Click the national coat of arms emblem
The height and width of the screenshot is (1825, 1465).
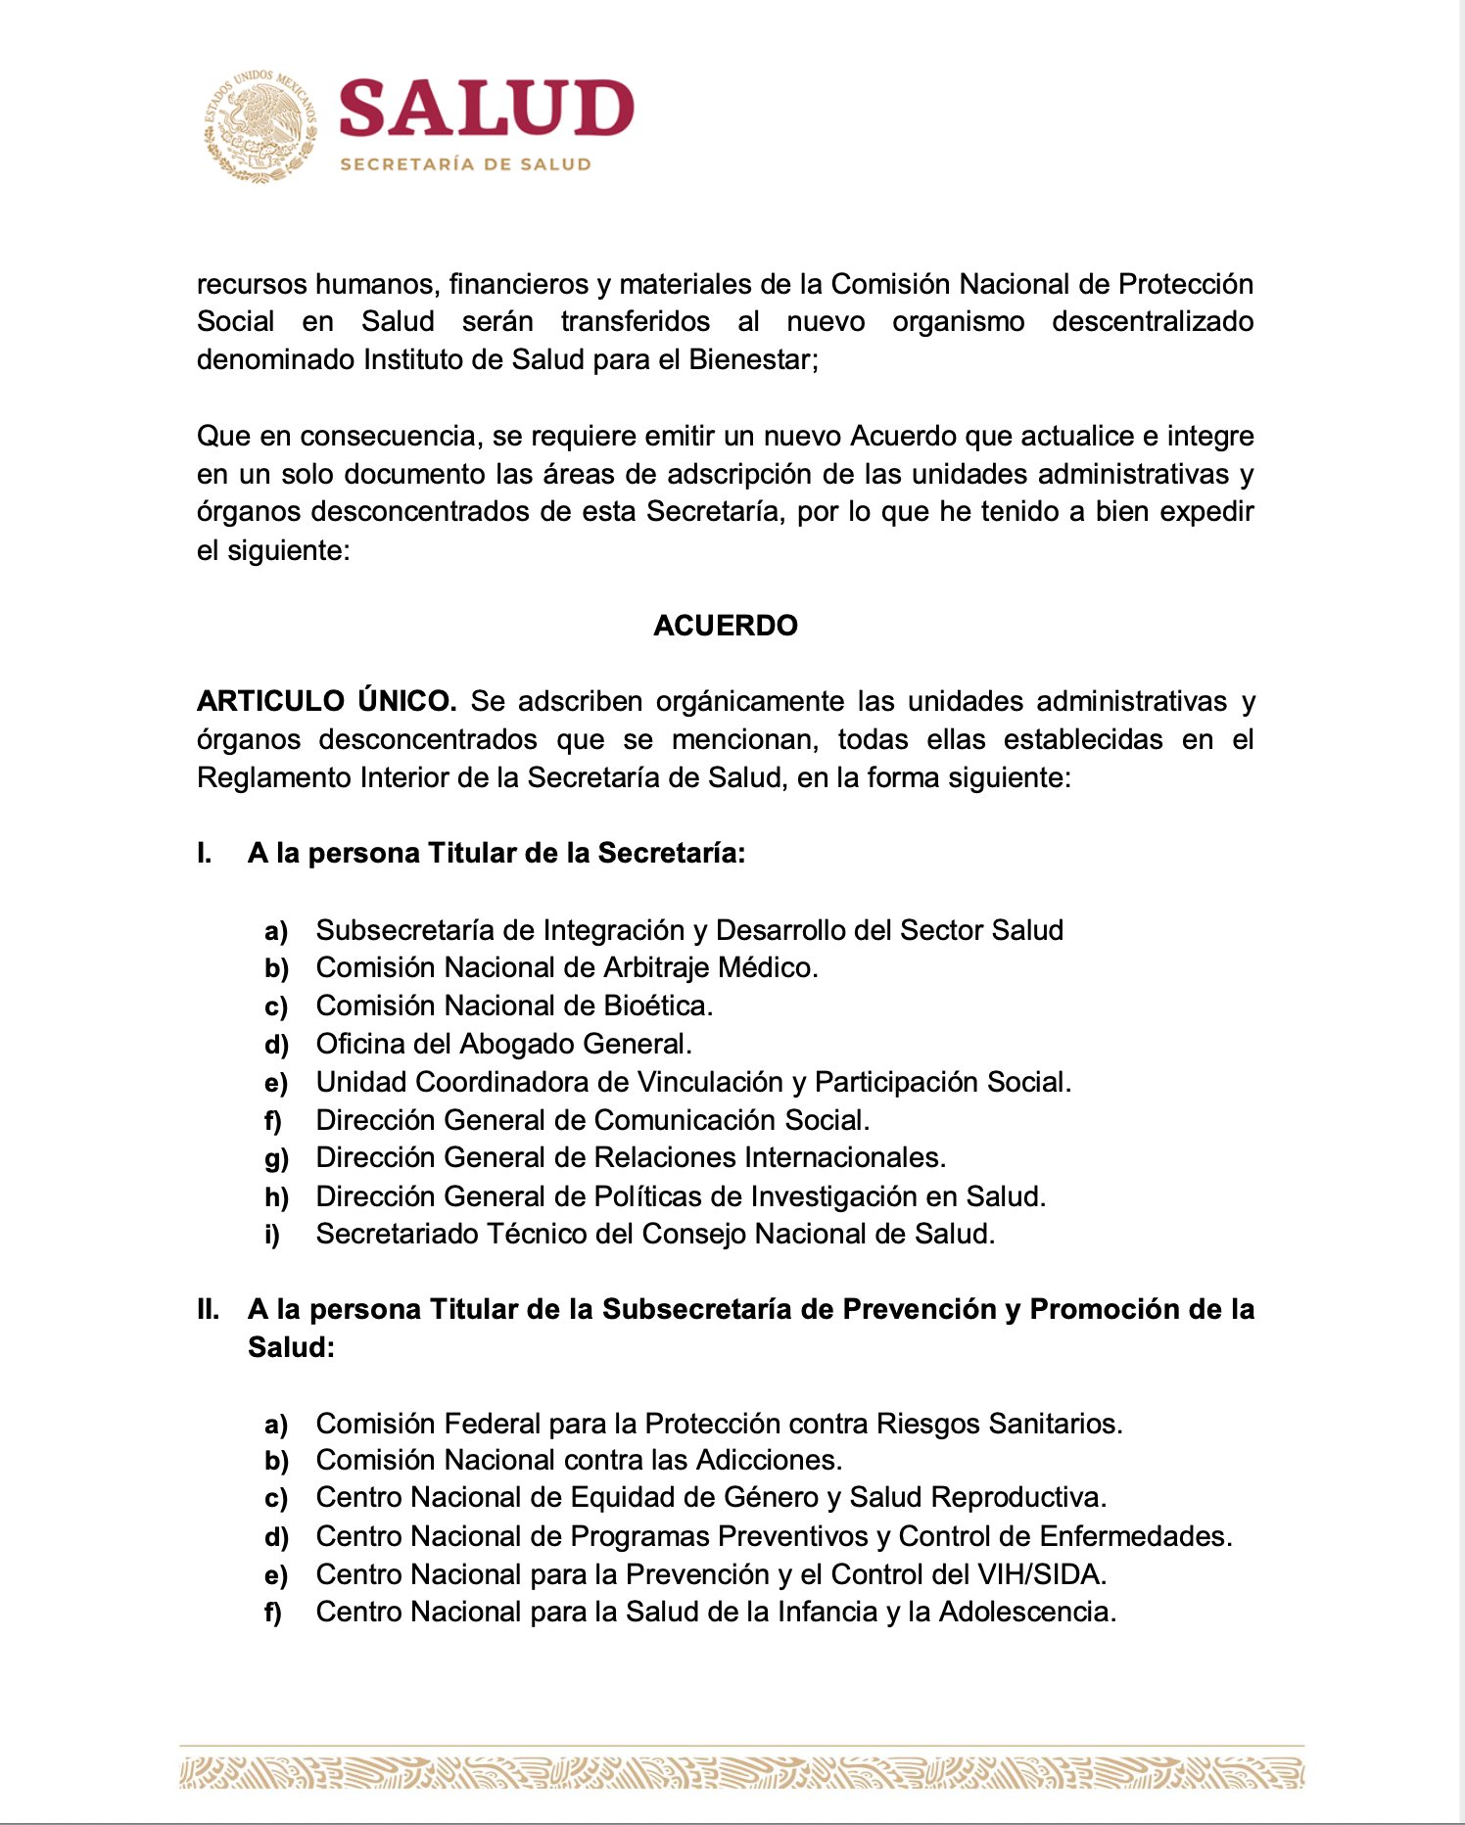tap(260, 126)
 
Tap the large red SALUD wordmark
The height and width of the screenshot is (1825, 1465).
tap(486, 109)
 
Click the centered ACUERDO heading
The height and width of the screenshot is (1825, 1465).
tap(726, 626)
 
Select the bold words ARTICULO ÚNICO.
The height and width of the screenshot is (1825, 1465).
tap(326, 701)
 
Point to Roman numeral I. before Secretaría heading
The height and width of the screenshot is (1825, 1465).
tap(204, 854)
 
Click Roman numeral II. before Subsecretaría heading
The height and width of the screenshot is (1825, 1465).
tap(208, 1310)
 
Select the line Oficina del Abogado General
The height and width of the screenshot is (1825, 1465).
tap(503, 1044)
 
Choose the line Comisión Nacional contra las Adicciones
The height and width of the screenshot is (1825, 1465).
tap(579, 1460)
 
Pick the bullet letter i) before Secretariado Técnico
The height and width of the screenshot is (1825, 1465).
tap(272, 1235)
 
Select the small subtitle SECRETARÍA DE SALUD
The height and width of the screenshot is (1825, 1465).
tap(465, 164)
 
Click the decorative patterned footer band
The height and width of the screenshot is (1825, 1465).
tap(741, 1771)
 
